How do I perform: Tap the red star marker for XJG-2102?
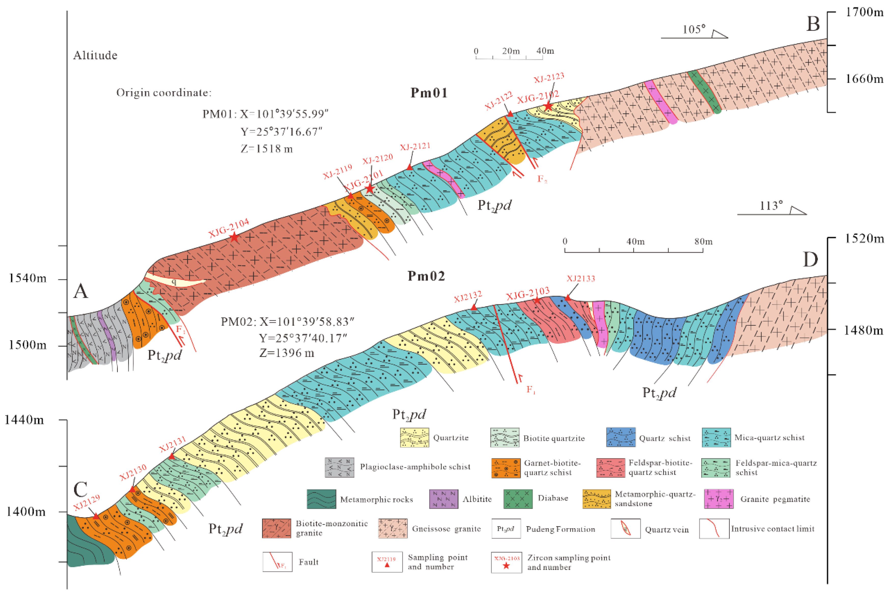tap(548, 106)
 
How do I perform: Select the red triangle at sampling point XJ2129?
tap(96, 516)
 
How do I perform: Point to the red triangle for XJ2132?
tap(474, 307)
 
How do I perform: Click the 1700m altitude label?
tap(864, 12)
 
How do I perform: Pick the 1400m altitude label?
tap(26, 512)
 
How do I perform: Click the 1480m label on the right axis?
tap(863, 330)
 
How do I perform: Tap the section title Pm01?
tap(429, 93)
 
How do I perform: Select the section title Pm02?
tap(426, 276)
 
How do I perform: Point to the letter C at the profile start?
tap(80, 490)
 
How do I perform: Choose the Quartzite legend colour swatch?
tap(414, 437)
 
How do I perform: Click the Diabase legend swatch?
tap(518, 499)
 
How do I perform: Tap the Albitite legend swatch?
tap(443, 499)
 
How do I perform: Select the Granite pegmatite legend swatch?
tap(718, 499)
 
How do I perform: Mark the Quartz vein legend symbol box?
tap(625, 529)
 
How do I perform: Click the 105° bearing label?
tap(694, 29)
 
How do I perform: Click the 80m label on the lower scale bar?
tap(703, 241)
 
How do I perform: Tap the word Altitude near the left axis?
tap(95, 55)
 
